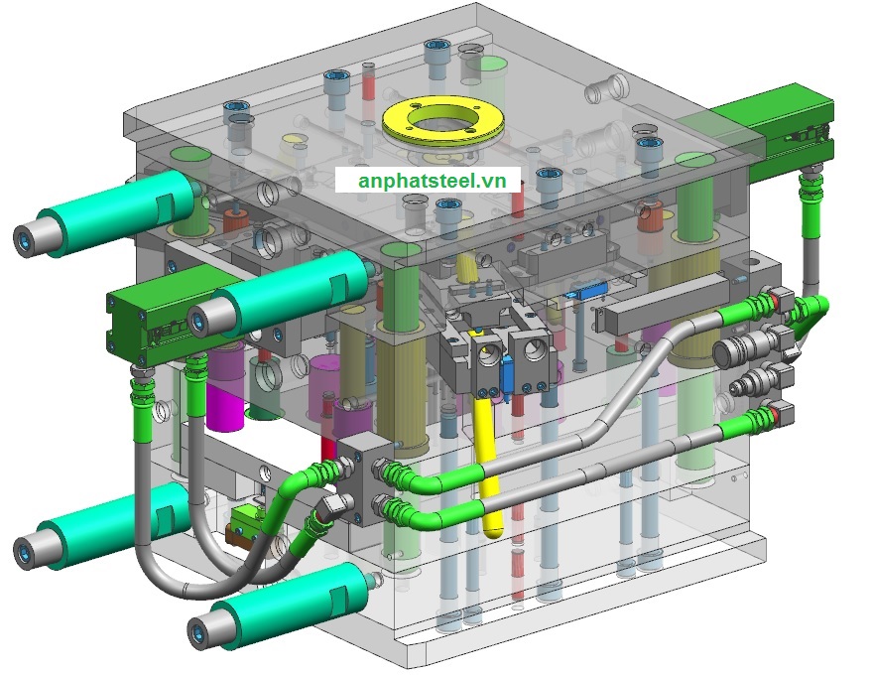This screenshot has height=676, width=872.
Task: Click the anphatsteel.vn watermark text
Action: tap(433, 181)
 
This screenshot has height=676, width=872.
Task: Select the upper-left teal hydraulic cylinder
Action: tap(106, 213)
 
